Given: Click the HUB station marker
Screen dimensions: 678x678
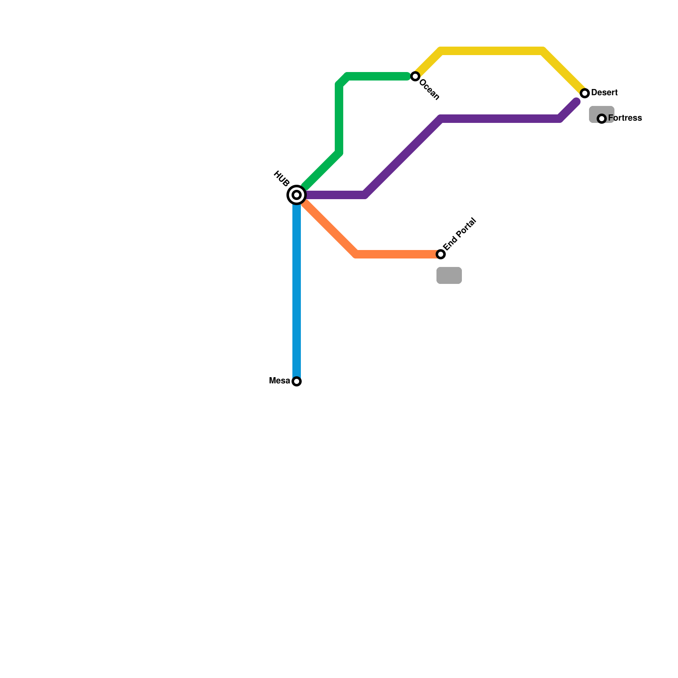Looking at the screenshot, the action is pyautogui.click(x=297, y=195).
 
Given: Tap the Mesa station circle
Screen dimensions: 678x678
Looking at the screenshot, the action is pyautogui.click(x=297, y=381).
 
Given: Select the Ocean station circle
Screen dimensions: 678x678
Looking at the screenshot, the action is pyautogui.click(x=415, y=76).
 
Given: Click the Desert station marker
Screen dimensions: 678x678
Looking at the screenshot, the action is pyautogui.click(x=585, y=93).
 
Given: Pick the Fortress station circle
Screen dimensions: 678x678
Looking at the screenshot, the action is pyautogui.click(x=602, y=119).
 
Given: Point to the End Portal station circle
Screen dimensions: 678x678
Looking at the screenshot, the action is pyautogui.click(x=441, y=254).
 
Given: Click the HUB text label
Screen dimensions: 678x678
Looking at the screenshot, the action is pyautogui.click(x=281, y=178).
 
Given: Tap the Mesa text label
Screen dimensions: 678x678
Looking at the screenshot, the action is pyautogui.click(x=280, y=381).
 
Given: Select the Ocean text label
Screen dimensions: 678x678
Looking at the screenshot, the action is pyautogui.click(x=430, y=89).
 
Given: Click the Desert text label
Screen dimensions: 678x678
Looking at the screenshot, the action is pyautogui.click(x=604, y=93).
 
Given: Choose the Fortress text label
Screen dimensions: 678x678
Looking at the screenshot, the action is pyautogui.click(x=625, y=118).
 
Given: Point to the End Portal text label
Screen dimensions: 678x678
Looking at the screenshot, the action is pyautogui.click(x=460, y=234).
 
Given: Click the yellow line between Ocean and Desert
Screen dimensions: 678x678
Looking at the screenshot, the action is pyautogui.click(x=492, y=51).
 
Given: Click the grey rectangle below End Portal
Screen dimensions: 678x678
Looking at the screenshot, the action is pyautogui.click(x=449, y=275).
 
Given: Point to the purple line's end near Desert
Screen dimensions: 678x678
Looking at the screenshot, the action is pyautogui.click(x=576, y=102).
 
